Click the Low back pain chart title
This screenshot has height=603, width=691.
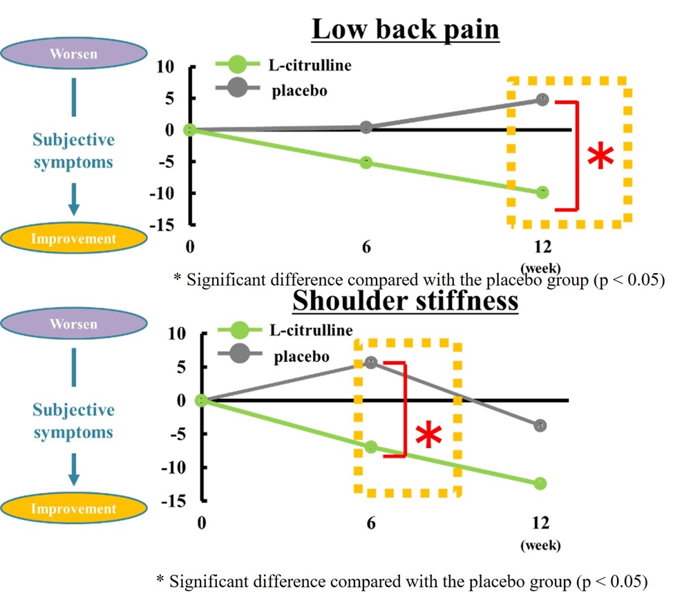coord(406,30)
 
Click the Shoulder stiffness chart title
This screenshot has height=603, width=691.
coord(406,301)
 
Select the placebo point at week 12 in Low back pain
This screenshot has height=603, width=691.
coord(542,100)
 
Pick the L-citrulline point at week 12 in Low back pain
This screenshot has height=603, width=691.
coord(542,193)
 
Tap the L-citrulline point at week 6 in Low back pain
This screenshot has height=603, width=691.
coord(366,163)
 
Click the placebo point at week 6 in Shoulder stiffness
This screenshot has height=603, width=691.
coord(371,363)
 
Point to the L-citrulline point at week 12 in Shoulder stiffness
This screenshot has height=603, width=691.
coord(540,483)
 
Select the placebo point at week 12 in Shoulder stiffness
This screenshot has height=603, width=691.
coord(540,426)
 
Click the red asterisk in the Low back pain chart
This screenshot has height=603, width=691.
coord(600,156)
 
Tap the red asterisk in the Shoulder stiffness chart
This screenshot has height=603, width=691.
coord(429,434)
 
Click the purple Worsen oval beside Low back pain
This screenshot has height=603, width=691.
coord(74,53)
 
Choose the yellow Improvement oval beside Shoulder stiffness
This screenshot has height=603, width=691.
coord(74,508)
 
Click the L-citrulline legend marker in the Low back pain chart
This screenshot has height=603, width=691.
coord(238,64)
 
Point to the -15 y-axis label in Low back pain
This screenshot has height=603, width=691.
coord(162,225)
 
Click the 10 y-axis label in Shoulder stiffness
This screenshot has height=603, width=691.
coord(177,333)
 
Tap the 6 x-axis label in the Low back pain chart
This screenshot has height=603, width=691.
coord(366,247)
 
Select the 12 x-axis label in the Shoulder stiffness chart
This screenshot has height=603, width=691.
coord(541,523)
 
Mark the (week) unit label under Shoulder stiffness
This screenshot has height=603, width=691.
coord(541,545)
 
